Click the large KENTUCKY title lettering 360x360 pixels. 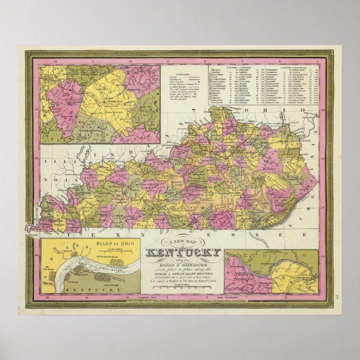[x=183, y=254]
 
